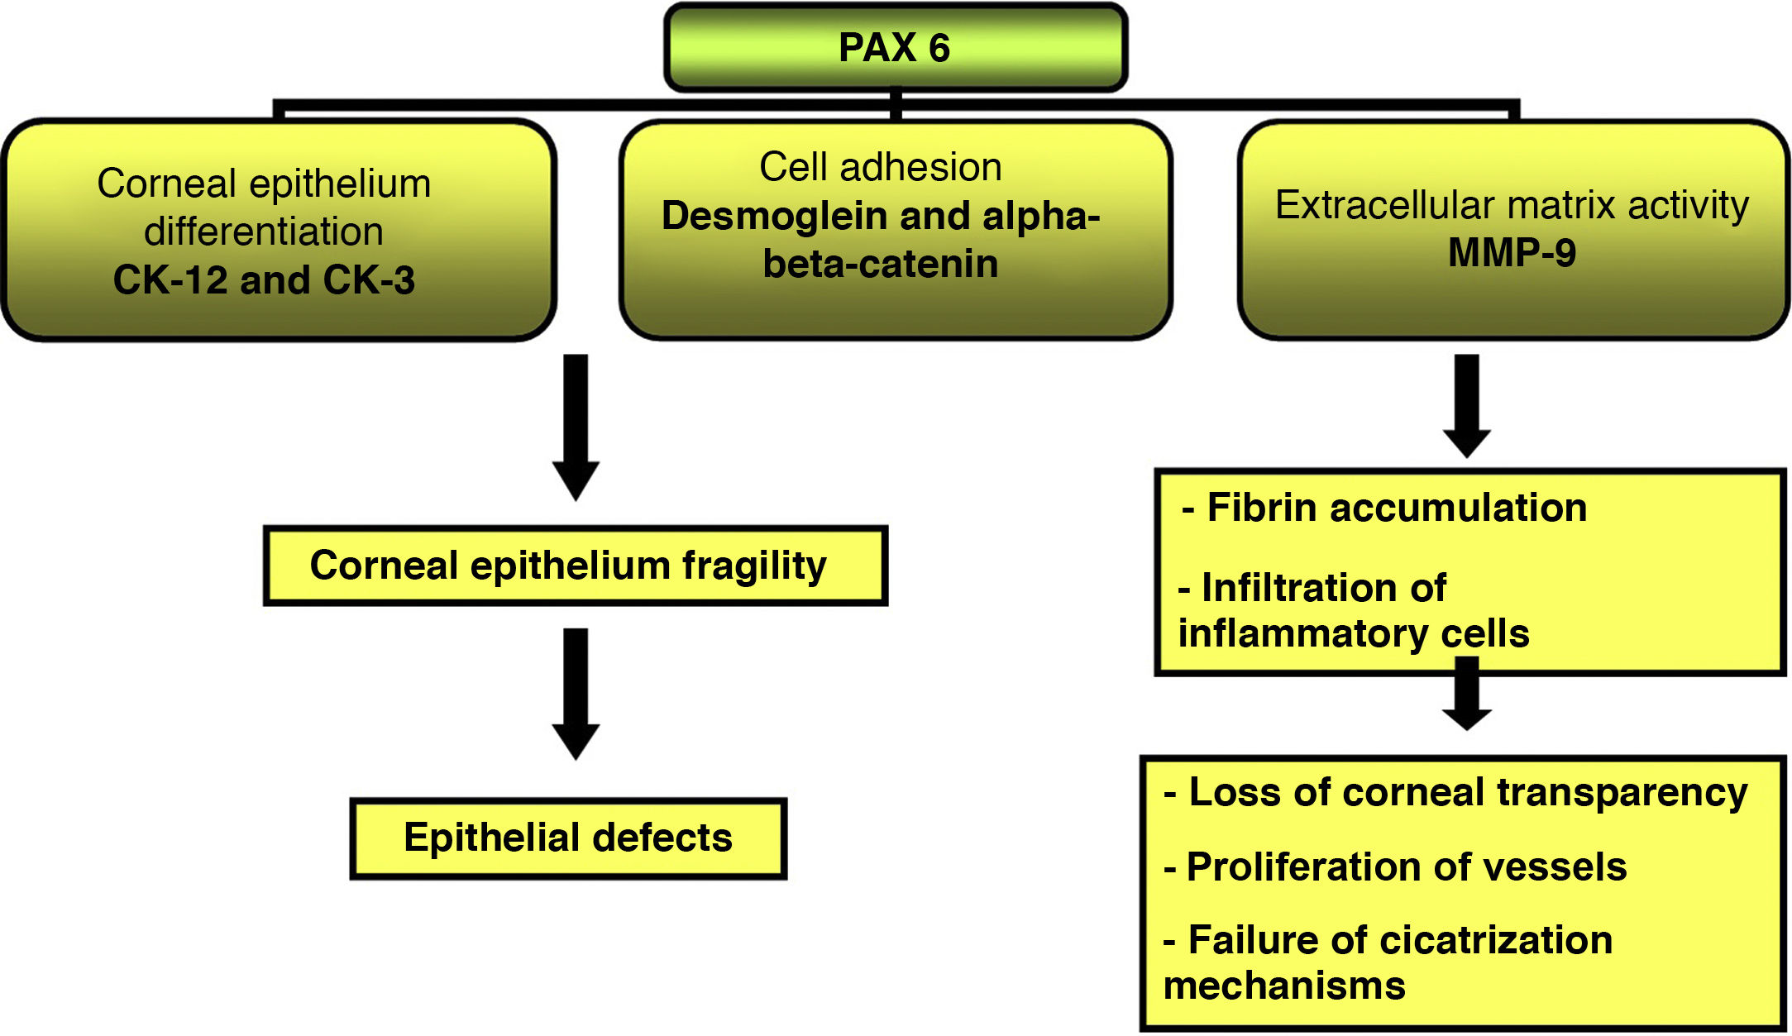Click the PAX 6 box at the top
click(x=896, y=47)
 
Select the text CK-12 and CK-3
click(x=264, y=279)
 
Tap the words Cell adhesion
click(x=881, y=167)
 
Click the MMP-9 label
click(x=1512, y=252)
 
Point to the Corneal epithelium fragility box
click(x=576, y=566)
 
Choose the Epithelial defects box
click(x=568, y=838)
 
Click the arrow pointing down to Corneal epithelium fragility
click(x=576, y=427)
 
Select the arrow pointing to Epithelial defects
click(x=576, y=694)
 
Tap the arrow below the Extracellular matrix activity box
click(x=1467, y=406)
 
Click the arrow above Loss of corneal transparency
click(x=1467, y=694)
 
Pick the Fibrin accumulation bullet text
click(x=1384, y=508)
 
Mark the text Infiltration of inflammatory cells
click(x=1354, y=611)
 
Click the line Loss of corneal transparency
click(x=1455, y=792)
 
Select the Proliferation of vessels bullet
click(x=1395, y=867)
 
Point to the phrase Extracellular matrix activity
click(x=1512, y=204)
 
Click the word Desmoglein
click(x=775, y=216)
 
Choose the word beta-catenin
click(x=881, y=264)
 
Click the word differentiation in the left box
click(x=264, y=232)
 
